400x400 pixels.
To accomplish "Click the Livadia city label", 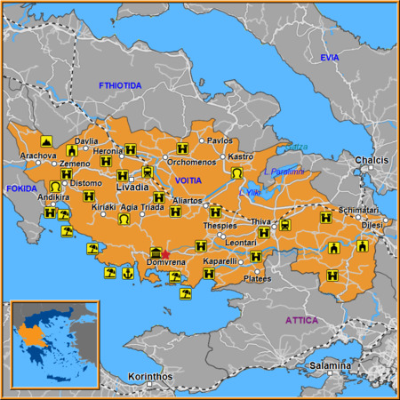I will [x=132, y=189].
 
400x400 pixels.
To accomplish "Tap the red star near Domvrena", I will [x=164, y=254].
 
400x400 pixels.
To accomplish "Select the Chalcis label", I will [x=372, y=160].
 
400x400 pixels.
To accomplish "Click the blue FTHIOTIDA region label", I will [x=120, y=84].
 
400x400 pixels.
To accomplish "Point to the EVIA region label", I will [x=330, y=58].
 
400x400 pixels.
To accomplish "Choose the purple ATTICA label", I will [x=301, y=320].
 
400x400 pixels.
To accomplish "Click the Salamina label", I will [x=330, y=366].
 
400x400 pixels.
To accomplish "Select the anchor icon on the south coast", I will [x=127, y=274].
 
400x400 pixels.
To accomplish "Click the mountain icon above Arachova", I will [x=45, y=140].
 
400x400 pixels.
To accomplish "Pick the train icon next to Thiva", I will [x=284, y=224].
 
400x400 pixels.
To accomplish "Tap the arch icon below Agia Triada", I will [x=124, y=219].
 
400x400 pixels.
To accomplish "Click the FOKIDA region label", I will [x=20, y=188].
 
